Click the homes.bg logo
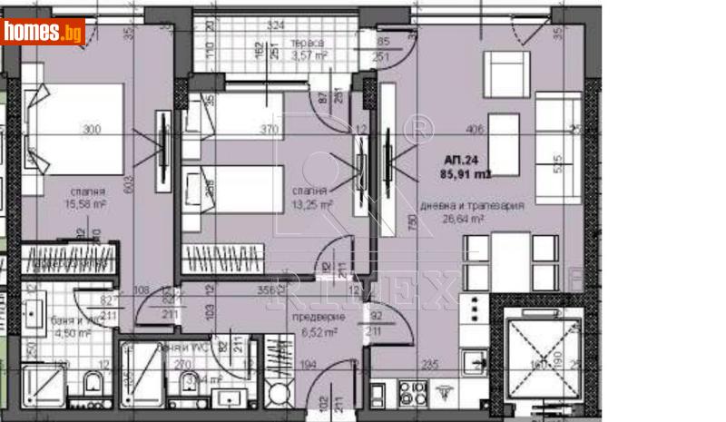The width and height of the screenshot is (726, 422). pyautogui.click(x=42, y=32)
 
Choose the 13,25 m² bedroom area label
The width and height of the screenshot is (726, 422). pyautogui.click(x=311, y=205)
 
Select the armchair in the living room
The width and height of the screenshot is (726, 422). pyautogui.click(x=505, y=71)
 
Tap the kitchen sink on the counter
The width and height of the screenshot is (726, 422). pyautogui.click(x=474, y=363)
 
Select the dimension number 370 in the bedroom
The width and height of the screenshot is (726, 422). pyautogui.click(x=269, y=130)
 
